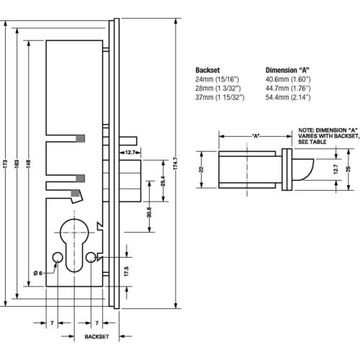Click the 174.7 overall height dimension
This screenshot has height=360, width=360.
pyautogui.click(x=175, y=163)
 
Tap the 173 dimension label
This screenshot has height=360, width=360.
pyautogui.click(x=6, y=163)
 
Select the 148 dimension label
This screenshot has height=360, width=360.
pyautogui.click(x=29, y=163)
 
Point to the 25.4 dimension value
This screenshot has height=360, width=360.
pyautogui.click(x=163, y=181)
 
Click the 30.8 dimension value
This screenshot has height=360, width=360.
pyautogui.click(x=149, y=212)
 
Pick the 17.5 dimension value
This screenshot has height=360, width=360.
pyautogui.click(x=127, y=271)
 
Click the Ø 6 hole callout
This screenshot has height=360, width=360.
pyautogui.click(x=38, y=273)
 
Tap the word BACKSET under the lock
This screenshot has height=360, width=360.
pyautogui.click(x=96, y=337)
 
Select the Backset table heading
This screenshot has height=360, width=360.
pyautogui.click(x=207, y=70)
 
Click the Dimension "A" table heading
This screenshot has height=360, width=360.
pyautogui.click(x=287, y=70)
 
